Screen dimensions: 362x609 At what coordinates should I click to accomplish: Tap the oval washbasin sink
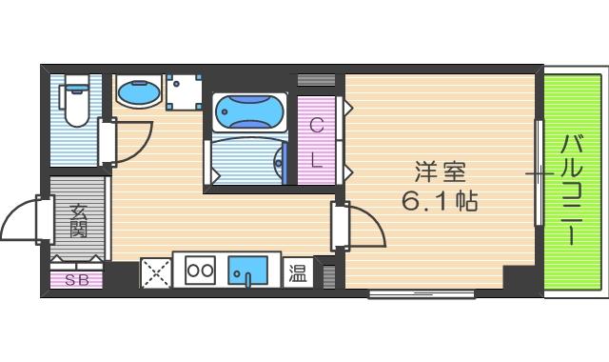138,93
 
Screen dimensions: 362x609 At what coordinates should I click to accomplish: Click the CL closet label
318,140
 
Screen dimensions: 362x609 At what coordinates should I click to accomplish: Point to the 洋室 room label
440,174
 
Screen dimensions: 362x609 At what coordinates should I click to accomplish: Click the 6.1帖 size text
440,202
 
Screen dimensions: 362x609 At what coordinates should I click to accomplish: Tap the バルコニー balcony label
572,191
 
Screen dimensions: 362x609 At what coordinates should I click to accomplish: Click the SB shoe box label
76,281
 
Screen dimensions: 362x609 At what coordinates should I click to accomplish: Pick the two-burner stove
200,271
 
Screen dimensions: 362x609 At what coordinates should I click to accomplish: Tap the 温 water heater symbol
298,272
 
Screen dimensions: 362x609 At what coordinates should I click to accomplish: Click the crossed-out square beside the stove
155,272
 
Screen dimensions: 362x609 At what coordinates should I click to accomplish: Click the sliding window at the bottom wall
422,293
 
